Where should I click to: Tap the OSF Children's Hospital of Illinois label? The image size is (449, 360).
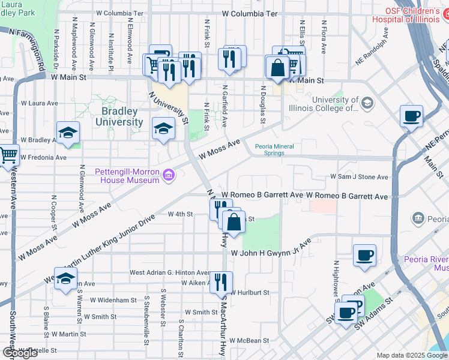pyautogui.click(x=414, y=15)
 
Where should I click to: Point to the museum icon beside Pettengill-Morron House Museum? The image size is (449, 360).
pyautogui.click(x=169, y=175)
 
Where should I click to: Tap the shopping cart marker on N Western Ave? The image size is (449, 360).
pyautogui.click(x=8, y=155)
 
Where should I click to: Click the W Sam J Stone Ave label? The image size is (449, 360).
pyautogui.click(x=359, y=177)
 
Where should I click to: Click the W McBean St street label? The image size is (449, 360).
pyautogui.click(x=249, y=340)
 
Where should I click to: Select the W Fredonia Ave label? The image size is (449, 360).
pyautogui.click(x=43, y=157)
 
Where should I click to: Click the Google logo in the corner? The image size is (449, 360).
pyautogui.click(x=20, y=353)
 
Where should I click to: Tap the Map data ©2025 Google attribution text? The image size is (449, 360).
pyautogui.click(x=411, y=355)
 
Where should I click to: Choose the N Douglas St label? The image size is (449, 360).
pyautogui.click(x=263, y=100)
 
